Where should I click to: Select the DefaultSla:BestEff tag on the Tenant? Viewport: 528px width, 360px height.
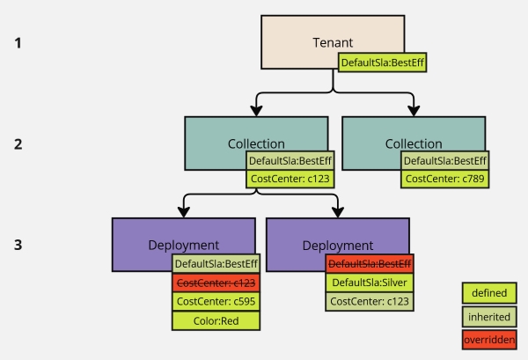coord(383,62)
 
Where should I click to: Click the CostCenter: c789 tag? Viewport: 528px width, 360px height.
coord(444,179)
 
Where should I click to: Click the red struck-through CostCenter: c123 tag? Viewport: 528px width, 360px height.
coord(216,282)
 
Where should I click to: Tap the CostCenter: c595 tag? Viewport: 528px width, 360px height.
coord(216,301)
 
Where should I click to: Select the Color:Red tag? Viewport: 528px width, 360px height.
coord(216,320)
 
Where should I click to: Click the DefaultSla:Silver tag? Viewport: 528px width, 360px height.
coord(369,283)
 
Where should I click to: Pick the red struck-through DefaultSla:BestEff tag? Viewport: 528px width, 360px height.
coord(369,263)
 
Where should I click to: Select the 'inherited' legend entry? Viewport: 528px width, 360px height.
coord(488,316)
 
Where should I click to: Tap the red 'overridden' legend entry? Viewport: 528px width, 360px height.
coord(488,339)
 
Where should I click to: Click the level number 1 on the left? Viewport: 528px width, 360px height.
coord(18,41)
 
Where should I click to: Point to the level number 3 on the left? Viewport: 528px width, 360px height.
coord(18,244)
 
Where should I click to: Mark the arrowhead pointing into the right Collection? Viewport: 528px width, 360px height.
coord(413,111)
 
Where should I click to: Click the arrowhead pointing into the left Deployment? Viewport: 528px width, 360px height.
coord(184,211)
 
